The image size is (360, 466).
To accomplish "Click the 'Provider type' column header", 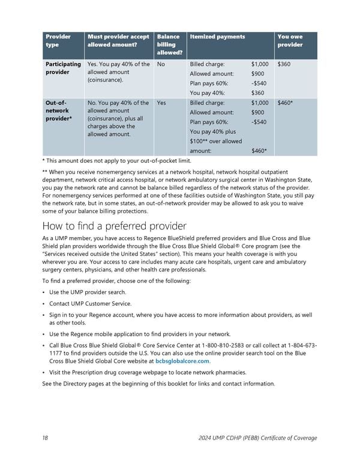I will click(58, 41).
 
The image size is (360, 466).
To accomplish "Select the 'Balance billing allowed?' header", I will click(167, 44).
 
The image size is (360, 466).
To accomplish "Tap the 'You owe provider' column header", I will click(290, 41).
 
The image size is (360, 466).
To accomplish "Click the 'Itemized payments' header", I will click(217, 37).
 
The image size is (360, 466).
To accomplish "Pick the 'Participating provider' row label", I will click(63, 68).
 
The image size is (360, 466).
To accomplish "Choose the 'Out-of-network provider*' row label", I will click(58, 110).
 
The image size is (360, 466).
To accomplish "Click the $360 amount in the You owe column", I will click(284, 64).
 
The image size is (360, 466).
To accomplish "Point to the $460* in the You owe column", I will click(285, 103).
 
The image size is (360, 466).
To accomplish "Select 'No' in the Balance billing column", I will click(161, 64).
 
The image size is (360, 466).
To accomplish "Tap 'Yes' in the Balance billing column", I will click(161, 103).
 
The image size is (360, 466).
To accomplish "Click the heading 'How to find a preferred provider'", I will click(114, 226).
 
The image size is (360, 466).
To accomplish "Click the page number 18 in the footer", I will click(46, 438).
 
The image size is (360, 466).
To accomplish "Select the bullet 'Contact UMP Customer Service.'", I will click(90, 304).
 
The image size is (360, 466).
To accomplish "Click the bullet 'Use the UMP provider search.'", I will click(88, 292).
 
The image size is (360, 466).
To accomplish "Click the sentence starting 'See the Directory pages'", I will click(159, 384).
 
